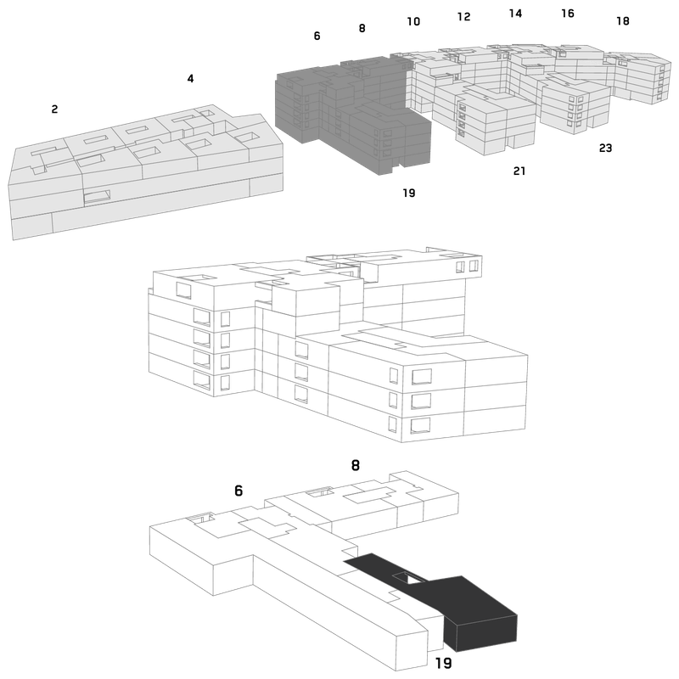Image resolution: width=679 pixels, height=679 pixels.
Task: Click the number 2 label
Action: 54,109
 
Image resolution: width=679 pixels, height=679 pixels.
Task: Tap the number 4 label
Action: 190,78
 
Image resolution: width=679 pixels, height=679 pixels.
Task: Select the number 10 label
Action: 413,21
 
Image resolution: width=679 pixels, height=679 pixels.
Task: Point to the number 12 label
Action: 463,16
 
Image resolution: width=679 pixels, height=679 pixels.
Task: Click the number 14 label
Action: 515,14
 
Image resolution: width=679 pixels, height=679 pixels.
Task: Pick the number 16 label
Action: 568,14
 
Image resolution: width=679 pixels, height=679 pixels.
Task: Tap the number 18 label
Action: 623,20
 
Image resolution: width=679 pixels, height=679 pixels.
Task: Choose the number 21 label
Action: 519,171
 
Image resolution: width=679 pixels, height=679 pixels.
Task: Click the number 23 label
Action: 605,148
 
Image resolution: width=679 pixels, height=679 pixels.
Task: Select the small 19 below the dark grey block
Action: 409,193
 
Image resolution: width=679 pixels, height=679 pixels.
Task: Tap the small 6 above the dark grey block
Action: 317,36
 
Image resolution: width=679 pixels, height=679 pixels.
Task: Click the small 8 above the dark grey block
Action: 362,28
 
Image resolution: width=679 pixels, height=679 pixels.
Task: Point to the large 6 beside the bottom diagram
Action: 238,491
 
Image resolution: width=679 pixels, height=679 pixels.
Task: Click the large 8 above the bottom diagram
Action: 355,465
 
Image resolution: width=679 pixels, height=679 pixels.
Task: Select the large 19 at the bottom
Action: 443,663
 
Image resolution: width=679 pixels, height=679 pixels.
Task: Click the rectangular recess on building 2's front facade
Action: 97,197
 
